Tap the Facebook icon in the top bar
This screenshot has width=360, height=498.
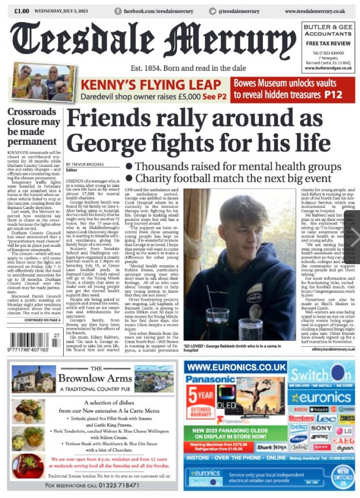point(118,11)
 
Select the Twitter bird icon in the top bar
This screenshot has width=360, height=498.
point(212,11)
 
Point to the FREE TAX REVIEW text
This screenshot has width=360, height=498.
point(328,43)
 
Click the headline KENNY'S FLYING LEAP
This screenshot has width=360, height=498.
point(151,84)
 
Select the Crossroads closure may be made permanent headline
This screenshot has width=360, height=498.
point(34,126)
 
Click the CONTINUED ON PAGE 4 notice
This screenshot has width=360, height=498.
point(42,320)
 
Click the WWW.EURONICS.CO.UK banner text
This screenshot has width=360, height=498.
point(235,368)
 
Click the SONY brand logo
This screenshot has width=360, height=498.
point(321,428)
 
